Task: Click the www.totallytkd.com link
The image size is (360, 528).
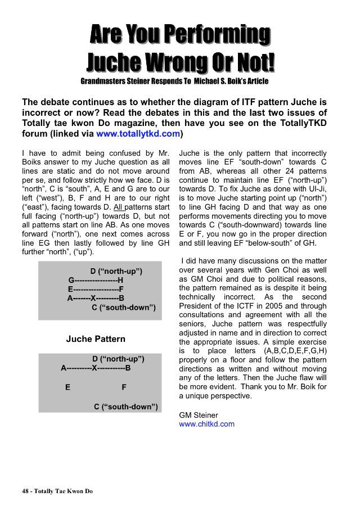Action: point(138,134)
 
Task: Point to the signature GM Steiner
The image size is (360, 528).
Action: point(199,415)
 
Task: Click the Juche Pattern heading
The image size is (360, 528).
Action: point(96,339)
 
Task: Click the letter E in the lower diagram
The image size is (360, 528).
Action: point(67,387)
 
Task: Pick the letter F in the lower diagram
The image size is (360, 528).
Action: point(124,387)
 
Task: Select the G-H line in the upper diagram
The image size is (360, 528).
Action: point(96,281)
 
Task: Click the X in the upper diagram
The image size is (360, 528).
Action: point(93,299)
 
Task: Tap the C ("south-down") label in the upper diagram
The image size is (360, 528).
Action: point(124,308)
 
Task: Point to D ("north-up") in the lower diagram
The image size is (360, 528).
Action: point(119,359)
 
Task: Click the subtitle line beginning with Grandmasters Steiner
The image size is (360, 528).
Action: point(174,82)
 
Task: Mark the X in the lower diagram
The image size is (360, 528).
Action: point(95,368)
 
